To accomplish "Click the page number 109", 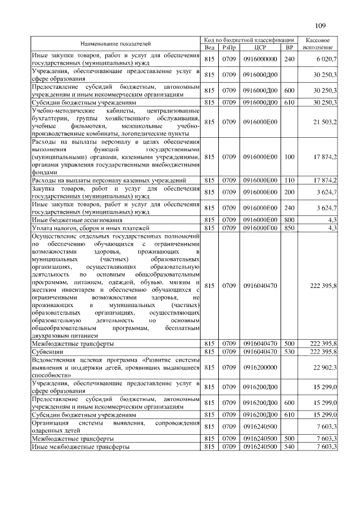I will pos(321,25).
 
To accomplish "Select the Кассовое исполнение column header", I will pos(321,44).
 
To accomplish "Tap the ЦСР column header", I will pos(259,48).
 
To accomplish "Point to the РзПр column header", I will pos(229,48).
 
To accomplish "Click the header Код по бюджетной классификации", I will pos(250,40).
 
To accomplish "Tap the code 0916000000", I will pos(260,58).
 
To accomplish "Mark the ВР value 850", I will pos(290,228).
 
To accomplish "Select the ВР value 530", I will pos(290,352).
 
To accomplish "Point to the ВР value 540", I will pos(290,446).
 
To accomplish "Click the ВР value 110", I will pos(290,181).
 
